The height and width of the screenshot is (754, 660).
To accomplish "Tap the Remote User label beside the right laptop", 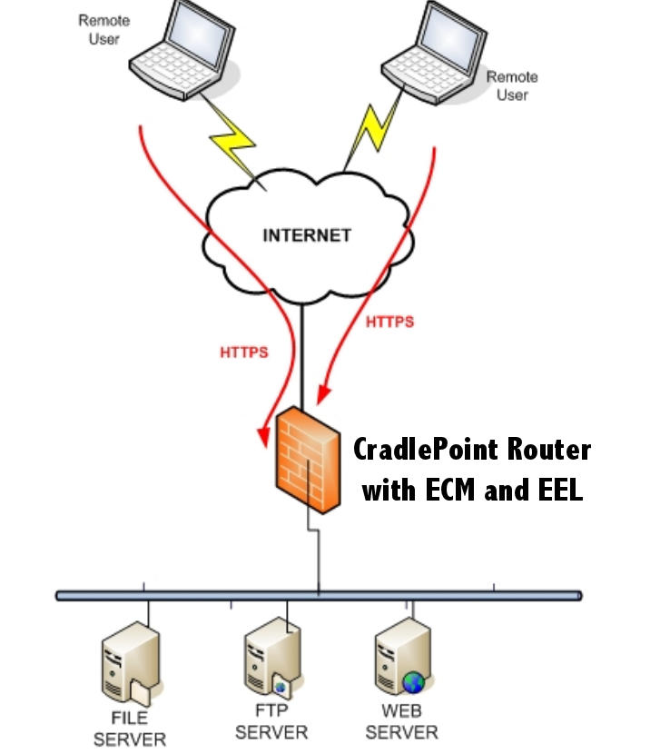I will pyautogui.click(x=512, y=85).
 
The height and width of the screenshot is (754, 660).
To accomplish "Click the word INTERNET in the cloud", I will pyautogui.click(x=306, y=235).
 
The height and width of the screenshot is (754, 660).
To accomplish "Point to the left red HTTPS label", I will pyautogui.click(x=244, y=352).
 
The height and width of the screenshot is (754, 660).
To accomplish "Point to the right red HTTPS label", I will pyautogui.click(x=389, y=322).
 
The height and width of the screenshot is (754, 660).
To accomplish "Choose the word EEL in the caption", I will pyautogui.click(x=559, y=491).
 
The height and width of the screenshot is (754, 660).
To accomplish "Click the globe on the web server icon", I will pyautogui.click(x=414, y=680).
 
